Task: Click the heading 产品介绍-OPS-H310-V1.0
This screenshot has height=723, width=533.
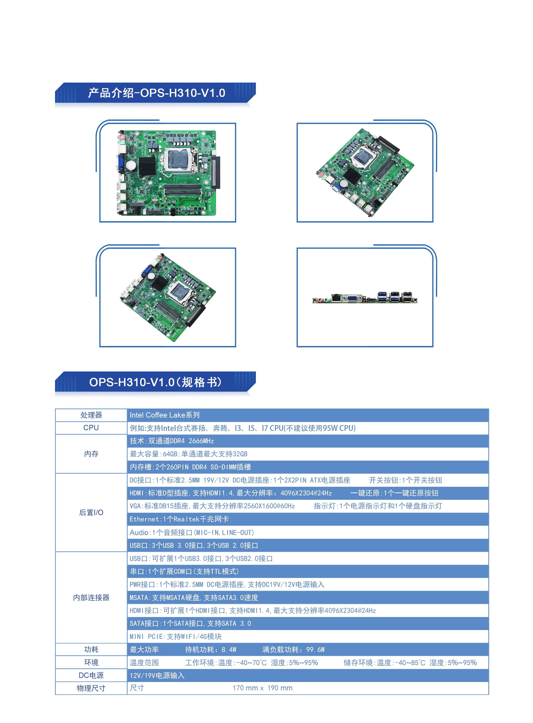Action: point(156,93)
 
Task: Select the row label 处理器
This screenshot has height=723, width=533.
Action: point(91,415)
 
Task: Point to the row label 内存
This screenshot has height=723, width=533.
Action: point(91,454)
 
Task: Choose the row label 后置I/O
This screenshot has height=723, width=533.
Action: point(91,512)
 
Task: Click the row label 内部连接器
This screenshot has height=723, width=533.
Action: point(91,598)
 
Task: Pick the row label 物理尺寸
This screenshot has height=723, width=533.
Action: point(91,688)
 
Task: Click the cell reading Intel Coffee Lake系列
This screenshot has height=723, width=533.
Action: point(165,415)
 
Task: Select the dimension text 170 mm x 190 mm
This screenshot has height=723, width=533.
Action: point(262,688)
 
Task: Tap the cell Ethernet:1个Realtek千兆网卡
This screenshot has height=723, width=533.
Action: point(179,519)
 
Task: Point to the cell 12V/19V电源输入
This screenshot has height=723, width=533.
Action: point(157,675)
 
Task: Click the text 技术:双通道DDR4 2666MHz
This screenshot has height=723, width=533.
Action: point(172,441)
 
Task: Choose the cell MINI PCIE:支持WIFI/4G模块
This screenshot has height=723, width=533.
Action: point(176,636)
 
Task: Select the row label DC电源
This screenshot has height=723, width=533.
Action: point(91,675)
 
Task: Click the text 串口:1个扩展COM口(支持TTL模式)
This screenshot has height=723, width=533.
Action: point(184,571)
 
